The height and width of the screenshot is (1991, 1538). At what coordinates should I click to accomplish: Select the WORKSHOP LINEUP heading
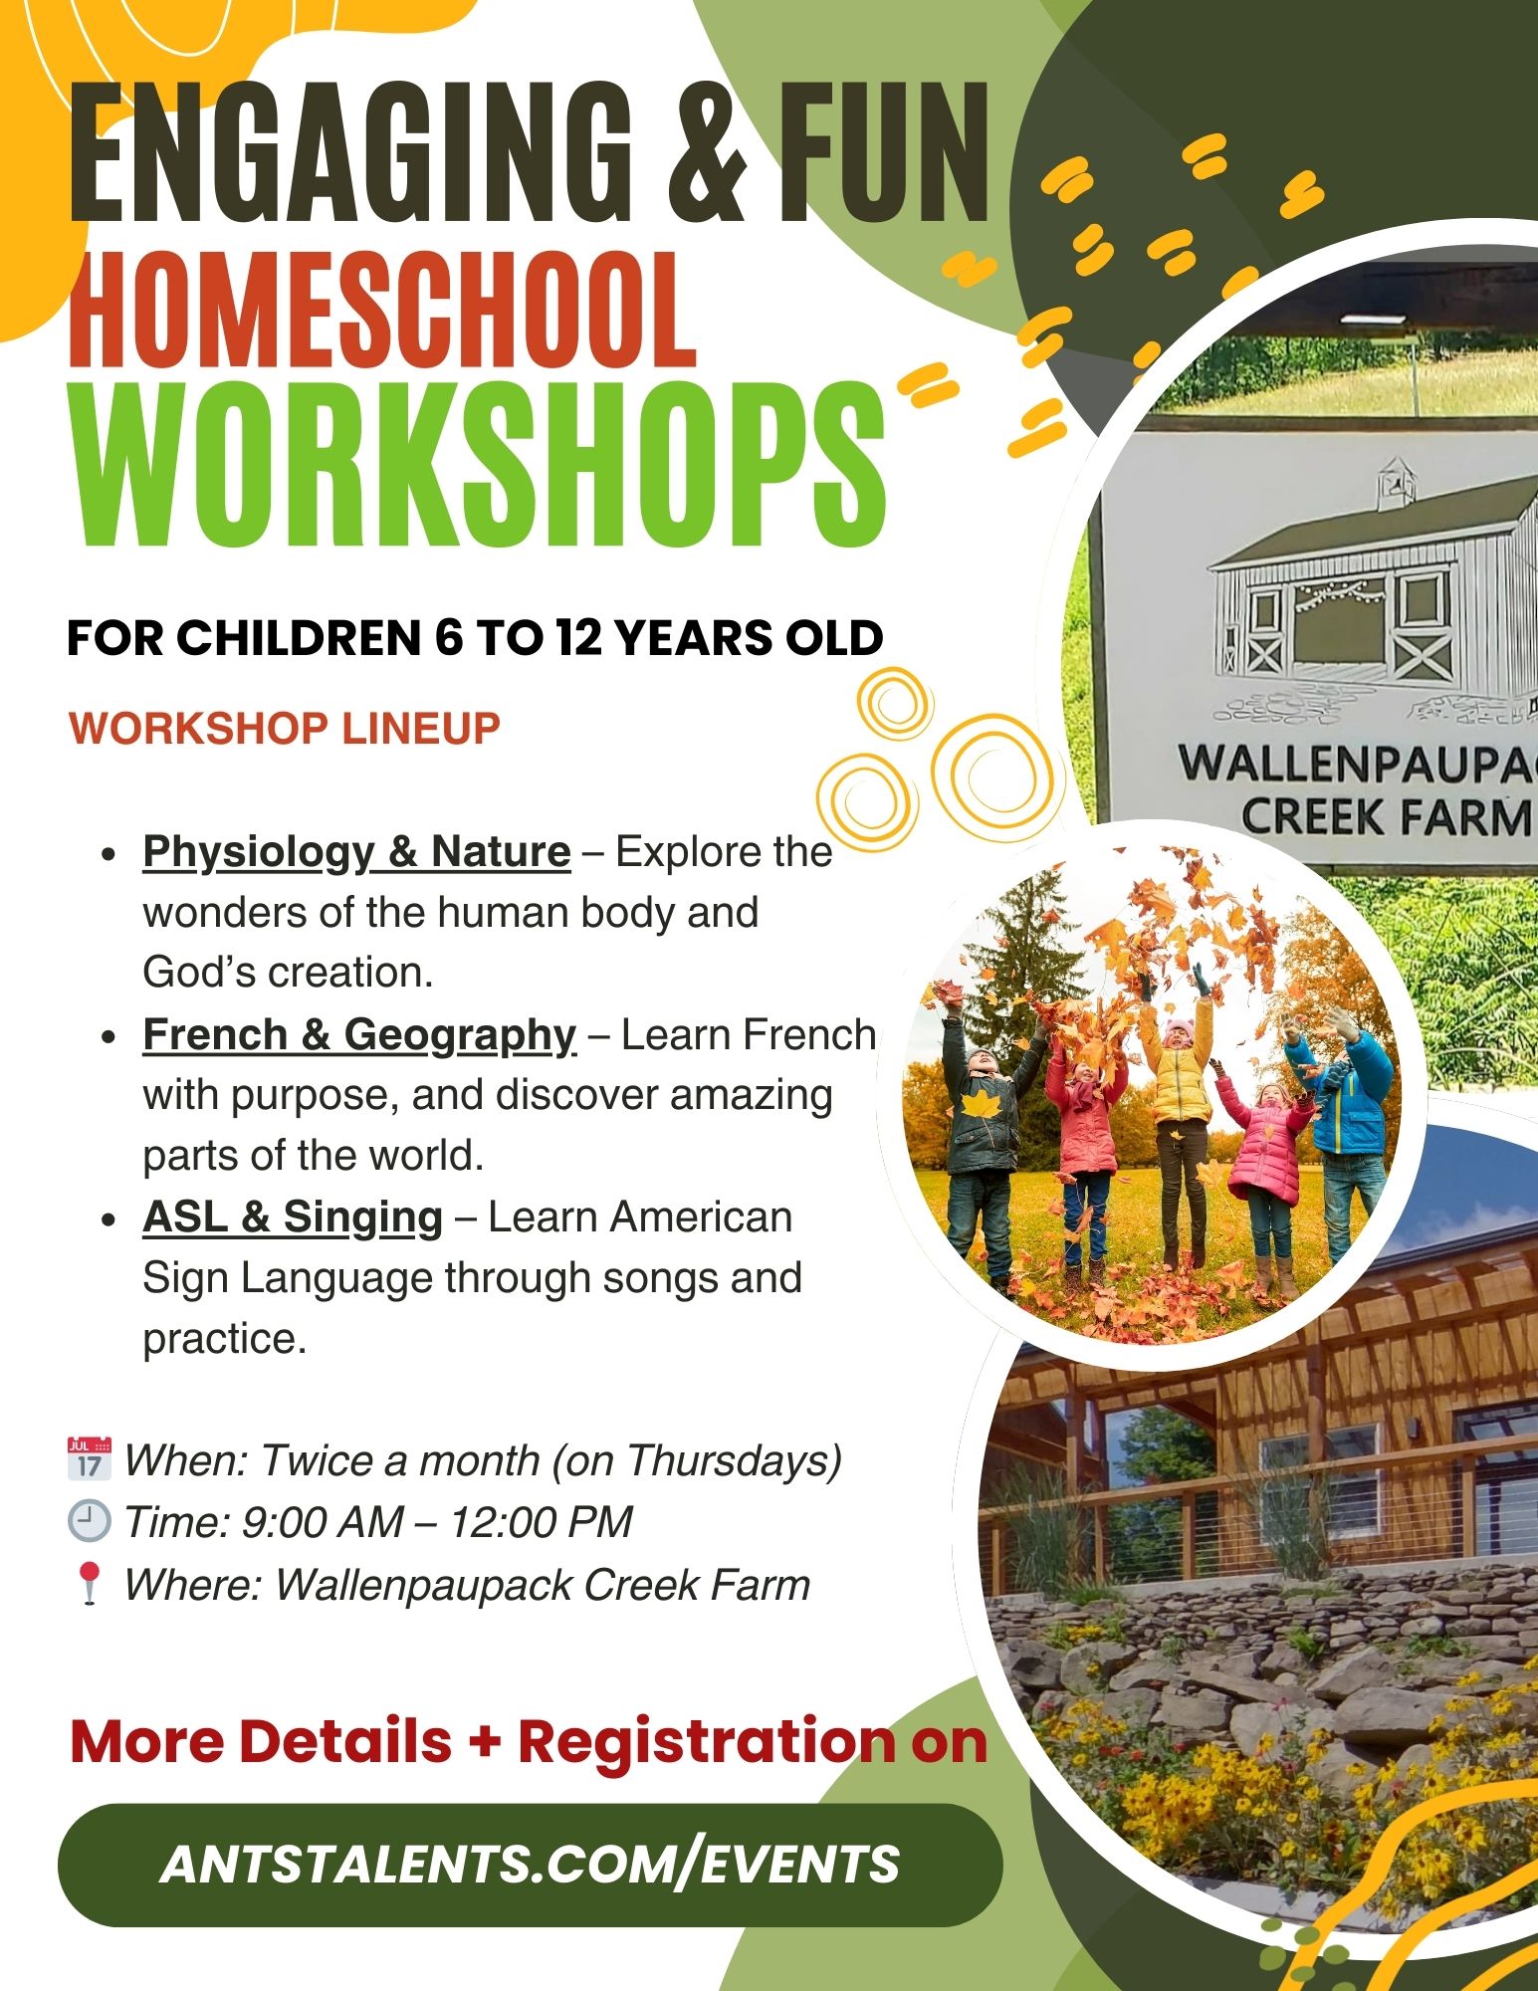pyautogui.click(x=285, y=728)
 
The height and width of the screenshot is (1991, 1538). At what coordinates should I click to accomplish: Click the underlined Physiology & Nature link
pyautogui.click(x=356, y=852)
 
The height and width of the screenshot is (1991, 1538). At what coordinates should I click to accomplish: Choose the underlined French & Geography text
pyautogui.click(x=359, y=1035)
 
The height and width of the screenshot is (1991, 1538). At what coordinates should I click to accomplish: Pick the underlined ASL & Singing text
pyautogui.click(x=293, y=1217)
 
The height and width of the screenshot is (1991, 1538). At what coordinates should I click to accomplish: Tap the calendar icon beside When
pyautogui.click(x=89, y=1459)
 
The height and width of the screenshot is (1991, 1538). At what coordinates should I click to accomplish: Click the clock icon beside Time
pyautogui.click(x=89, y=1521)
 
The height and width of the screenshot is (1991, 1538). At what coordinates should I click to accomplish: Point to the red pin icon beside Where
pyautogui.click(x=90, y=1584)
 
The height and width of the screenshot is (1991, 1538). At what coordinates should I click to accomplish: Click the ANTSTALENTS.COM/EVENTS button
pyautogui.click(x=530, y=1865)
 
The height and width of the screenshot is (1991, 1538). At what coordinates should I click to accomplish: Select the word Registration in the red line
pyautogui.click(x=707, y=1741)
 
